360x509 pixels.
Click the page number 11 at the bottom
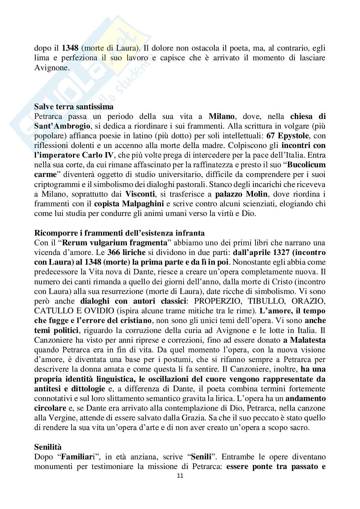click(x=180, y=475)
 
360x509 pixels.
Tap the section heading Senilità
click(x=47, y=447)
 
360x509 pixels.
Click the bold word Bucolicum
click(x=306, y=165)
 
